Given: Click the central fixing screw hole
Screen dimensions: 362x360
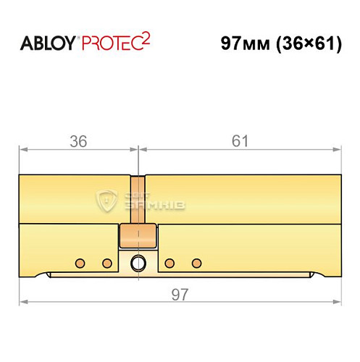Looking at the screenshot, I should click(x=138, y=263).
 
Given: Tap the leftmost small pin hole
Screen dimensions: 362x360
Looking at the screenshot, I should click(x=81, y=262).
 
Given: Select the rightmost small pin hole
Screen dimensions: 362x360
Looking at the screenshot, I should click(x=194, y=262).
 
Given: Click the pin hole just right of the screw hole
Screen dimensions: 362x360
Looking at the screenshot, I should click(x=169, y=262).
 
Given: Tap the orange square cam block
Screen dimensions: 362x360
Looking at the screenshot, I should click(x=138, y=235).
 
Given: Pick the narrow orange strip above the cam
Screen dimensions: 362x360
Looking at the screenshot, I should click(x=138, y=198).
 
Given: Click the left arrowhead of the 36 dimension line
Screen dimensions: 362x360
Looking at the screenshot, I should click(x=22, y=151).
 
